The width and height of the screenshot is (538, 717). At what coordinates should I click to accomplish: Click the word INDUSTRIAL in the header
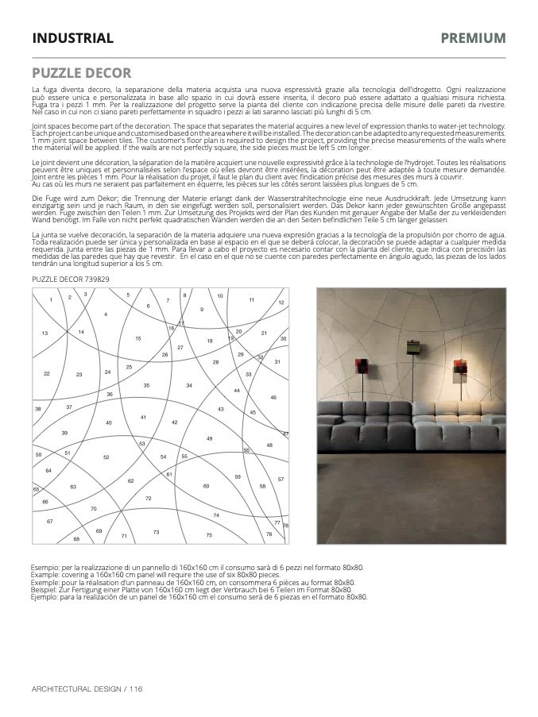[72, 38]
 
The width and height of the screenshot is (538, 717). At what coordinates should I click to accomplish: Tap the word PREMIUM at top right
[473, 38]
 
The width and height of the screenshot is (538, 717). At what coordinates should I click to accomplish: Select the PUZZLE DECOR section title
[82, 73]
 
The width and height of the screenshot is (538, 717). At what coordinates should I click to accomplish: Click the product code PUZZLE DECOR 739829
[71, 280]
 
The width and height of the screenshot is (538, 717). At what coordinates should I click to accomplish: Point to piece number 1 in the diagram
[51, 299]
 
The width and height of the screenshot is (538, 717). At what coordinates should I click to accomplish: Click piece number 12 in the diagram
[281, 303]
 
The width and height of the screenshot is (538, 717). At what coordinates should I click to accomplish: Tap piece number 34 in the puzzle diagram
[189, 385]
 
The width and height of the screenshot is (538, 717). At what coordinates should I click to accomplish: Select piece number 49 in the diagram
[210, 438]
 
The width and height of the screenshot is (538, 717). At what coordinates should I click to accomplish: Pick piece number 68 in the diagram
[76, 539]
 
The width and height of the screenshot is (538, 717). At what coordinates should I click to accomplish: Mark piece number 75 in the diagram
[210, 535]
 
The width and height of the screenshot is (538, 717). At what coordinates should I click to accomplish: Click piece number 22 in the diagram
[47, 373]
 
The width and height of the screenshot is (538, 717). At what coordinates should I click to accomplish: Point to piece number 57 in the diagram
[281, 480]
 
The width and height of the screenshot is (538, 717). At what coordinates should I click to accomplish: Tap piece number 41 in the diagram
[143, 417]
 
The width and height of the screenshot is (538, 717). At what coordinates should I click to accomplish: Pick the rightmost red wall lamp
[459, 366]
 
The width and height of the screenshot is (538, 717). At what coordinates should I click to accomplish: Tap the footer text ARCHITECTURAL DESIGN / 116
[87, 688]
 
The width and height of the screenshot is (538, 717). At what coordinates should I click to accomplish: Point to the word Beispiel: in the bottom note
[47, 590]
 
